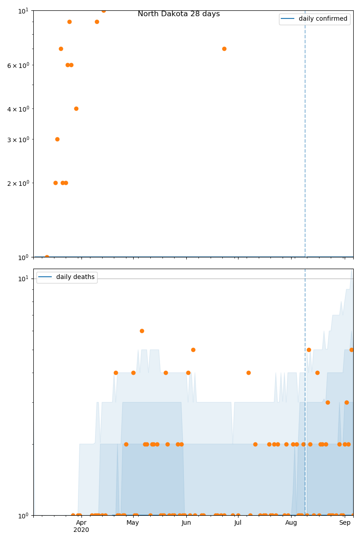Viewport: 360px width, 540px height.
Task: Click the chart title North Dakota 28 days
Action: [179, 14]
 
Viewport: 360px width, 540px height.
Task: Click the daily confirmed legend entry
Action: [323, 19]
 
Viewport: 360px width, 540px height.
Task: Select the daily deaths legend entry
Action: [75, 277]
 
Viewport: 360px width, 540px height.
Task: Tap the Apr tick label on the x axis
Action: [81, 522]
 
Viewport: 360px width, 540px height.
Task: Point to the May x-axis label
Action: [133, 522]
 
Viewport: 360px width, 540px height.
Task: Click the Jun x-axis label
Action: [186, 522]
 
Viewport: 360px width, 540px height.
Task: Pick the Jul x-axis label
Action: [238, 522]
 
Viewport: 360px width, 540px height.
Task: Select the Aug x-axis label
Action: [291, 522]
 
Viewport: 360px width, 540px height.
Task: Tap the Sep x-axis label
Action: [345, 522]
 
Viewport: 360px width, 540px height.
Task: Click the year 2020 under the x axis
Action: [81, 530]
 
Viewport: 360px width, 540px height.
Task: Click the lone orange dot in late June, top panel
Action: [224, 49]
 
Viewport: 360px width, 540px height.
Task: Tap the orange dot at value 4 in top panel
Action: [76, 108]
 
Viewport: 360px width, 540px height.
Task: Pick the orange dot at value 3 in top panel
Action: [57, 139]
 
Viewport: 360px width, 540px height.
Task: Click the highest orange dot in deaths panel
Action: [142, 331]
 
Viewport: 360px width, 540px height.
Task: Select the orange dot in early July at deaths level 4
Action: [248, 373]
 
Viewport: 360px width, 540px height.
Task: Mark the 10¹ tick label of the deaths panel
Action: [23, 279]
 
